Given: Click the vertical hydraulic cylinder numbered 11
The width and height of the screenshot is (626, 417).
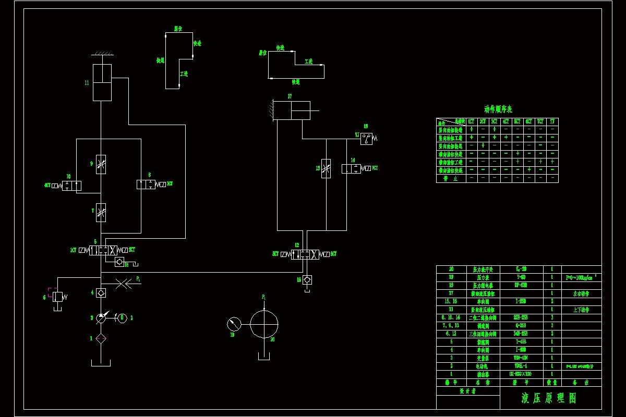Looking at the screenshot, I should [x=102, y=82].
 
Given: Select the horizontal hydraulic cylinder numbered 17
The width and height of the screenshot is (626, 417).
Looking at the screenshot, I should [x=292, y=111].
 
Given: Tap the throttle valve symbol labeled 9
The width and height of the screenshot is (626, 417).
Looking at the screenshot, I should [x=101, y=164].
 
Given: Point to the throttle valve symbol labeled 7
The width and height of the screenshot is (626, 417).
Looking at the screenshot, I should [x=101, y=212].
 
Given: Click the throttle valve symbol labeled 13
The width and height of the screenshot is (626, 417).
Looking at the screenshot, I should [x=326, y=168].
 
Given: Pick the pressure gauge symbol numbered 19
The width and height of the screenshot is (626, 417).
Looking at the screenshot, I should [x=235, y=324].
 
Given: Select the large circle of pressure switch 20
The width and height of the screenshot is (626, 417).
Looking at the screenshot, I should [x=264, y=324].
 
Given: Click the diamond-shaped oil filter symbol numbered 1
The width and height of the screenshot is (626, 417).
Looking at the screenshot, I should [x=101, y=338].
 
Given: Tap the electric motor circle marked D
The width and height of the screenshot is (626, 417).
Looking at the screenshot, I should [x=122, y=317].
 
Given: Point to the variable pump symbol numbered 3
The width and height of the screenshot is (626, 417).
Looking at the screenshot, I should [x=101, y=317].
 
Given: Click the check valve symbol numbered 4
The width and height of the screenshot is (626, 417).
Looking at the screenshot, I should [x=101, y=293].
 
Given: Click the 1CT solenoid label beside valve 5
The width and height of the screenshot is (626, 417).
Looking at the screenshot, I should [x=74, y=250].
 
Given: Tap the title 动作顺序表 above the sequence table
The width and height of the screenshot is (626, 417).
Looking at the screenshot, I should [x=498, y=109].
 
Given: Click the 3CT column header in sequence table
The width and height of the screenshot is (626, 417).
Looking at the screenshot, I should [x=494, y=121].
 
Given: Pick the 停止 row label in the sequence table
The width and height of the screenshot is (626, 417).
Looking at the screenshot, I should [x=451, y=178].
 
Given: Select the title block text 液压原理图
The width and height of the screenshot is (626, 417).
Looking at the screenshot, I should [x=549, y=398].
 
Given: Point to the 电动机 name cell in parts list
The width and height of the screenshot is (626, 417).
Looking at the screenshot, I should [x=479, y=366].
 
